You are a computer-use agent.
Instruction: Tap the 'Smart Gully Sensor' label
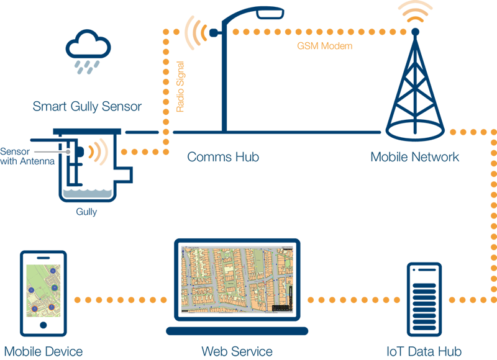coord(87,107)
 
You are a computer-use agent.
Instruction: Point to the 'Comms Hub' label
coord(223,157)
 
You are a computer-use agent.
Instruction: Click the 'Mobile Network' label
coord(414,157)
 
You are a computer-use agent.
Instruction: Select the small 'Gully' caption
coord(86,212)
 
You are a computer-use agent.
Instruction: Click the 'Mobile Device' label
coord(43,351)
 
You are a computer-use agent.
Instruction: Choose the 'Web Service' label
coord(237,351)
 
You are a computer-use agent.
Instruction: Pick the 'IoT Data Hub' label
coord(424,351)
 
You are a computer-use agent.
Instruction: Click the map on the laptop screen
coord(234,279)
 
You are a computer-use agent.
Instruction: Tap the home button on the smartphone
coord(43,325)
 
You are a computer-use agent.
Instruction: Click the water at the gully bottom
coord(86,195)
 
